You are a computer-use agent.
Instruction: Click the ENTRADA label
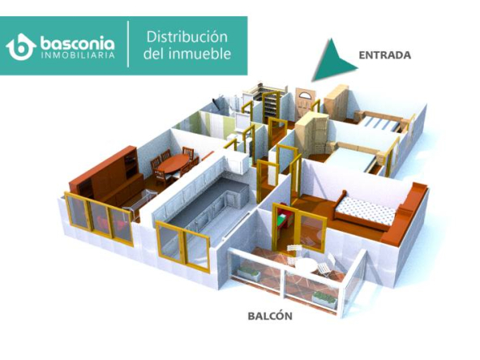pyautogui.click(x=385, y=55)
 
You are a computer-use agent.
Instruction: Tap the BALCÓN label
pyautogui.click(x=270, y=315)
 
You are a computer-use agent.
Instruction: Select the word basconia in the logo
pyautogui.click(x=78, y=44)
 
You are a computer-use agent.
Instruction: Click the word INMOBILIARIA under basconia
pyautogui.click(x=78, y=55)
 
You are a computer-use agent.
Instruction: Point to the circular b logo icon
pyautogui.click(x=21, y=47)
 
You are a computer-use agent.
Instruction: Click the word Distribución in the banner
pyautogui.click(x=187, y=37)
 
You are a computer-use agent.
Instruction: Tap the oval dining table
pyautogui.click(x=174, y=162)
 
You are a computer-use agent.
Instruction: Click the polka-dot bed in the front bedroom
pyautogui.click(x=365, y=210)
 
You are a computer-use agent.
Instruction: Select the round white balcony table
pyautogui.click(x=305, y=264)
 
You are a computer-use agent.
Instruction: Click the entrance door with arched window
pyautogui.click(x=302, y=103)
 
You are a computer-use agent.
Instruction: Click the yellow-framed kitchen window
pyautogui.click(x=183, y=246)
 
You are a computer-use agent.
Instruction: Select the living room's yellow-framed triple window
pyautogui.click(x=99, y=219)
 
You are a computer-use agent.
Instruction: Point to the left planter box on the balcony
pyautogui.click(x=250, y=273)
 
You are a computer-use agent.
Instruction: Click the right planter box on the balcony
pyautogui.click(x=325, y=299)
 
